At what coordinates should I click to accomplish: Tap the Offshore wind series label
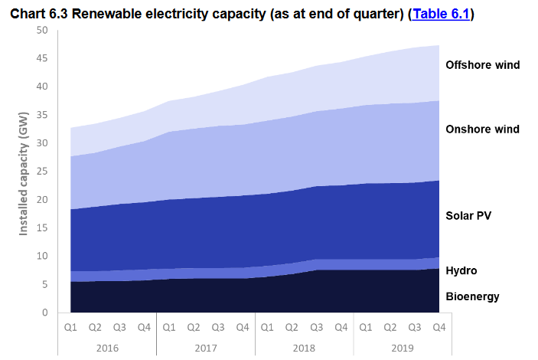click(482, 65)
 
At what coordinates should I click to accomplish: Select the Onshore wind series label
click(482, 129)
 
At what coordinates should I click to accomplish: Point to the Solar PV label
click(468, 215)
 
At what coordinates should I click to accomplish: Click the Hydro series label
click(461, 270)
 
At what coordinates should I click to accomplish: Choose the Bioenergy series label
click(472, 296)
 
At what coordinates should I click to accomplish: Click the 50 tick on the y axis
click(41, 30)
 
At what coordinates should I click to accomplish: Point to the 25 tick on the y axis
click(41, 171)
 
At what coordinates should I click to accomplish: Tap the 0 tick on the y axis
click(44, 312)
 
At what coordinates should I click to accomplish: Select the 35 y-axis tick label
click(41, 114)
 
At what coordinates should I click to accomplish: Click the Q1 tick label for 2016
click(70, 327)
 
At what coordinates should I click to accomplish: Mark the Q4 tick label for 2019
click(439, 327)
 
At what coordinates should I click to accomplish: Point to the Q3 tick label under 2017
click(218, 327)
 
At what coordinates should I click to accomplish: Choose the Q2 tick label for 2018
click(292, 327)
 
